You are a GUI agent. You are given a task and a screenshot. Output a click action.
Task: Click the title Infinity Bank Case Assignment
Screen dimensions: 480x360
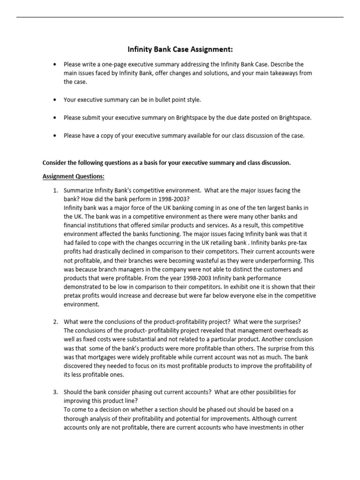click(x=180, y=49)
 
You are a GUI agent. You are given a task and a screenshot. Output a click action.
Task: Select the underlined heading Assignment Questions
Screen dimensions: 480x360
click(x=74, y=176)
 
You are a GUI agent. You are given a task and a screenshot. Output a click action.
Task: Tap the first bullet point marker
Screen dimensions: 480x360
click(x=55, y=64)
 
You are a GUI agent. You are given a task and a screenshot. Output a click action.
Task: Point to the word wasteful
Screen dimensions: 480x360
click(x=219, y=260)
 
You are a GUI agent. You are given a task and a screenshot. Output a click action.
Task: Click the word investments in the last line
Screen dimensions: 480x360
click(x=266, y=427)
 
